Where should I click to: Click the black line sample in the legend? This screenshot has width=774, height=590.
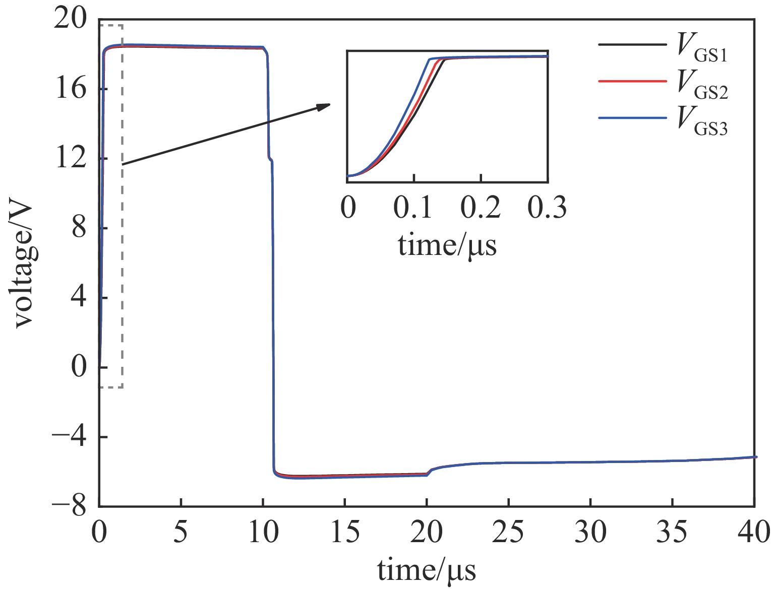click(632, 44)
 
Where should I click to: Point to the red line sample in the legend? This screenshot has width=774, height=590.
click(632, 81)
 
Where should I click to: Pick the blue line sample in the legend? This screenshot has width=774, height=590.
click(632, 118)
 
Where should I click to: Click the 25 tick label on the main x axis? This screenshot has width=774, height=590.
click(508, 533)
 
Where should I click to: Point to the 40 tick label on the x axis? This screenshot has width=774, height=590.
click(753, 533)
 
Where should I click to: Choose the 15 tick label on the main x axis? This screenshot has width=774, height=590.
click(344, 533)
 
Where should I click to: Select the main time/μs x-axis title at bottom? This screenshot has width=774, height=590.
click(426, 571)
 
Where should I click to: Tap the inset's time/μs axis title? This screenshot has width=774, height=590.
click(447, 246)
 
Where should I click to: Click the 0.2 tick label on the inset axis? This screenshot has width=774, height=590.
click(481, 207)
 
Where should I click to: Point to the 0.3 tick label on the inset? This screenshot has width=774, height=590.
click(547, 207)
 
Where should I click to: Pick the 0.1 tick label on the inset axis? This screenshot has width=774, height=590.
click(413, 207)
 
